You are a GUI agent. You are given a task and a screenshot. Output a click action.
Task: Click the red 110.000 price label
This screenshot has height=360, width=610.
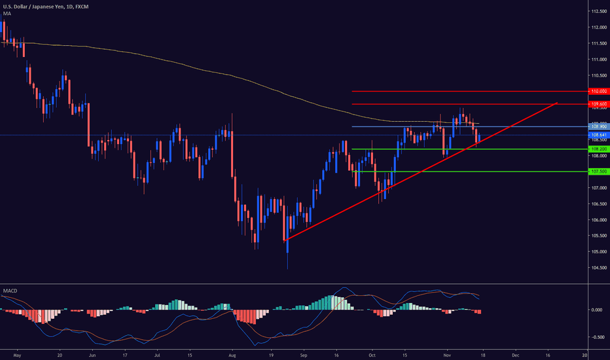(x=600, y=92)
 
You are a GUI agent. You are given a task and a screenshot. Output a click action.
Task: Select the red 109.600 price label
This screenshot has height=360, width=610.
(x=600, y=104)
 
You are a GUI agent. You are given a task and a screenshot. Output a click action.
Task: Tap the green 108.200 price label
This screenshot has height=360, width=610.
(x=600, y=149)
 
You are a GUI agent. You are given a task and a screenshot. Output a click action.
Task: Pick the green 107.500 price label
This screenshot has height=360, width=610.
(x=600, y=171)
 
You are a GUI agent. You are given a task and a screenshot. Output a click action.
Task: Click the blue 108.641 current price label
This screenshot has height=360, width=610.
(x=600, y=135)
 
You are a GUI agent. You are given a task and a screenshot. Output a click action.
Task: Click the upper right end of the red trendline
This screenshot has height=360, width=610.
(x=557, y=103)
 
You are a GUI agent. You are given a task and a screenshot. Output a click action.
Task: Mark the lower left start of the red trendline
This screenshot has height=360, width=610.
(x=286, y=240)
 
